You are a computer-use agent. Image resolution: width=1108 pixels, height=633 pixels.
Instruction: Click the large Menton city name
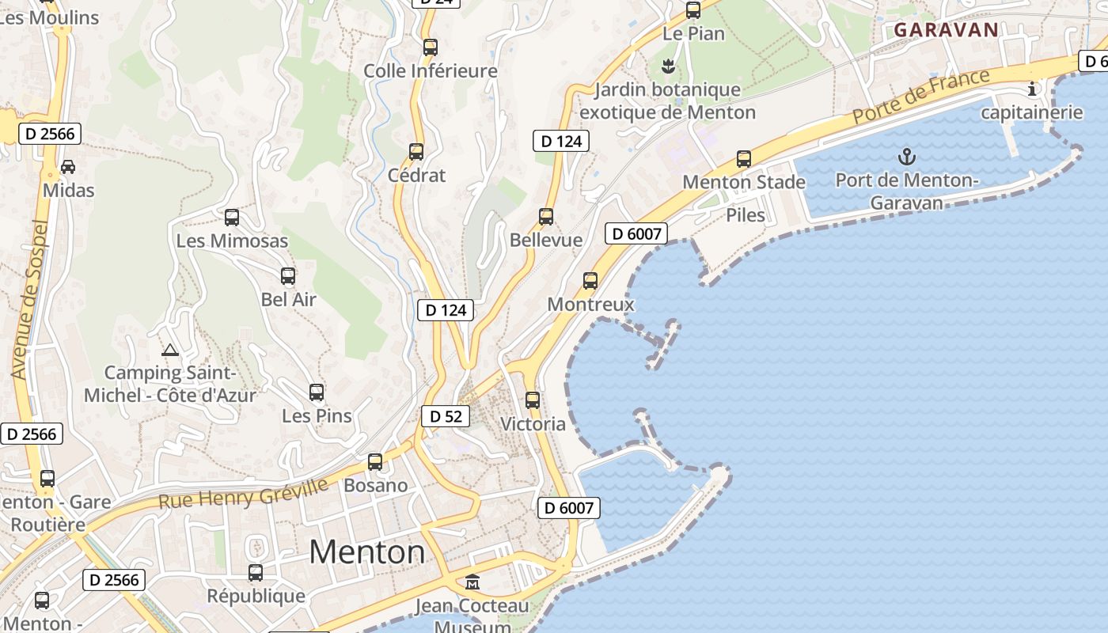tap(366, 552)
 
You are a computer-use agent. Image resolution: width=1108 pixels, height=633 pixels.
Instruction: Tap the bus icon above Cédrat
tap(416, 152)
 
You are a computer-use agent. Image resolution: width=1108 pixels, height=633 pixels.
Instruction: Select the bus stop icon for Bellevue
tap(546, 217)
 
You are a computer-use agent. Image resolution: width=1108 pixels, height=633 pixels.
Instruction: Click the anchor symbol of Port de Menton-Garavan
tap(907, 157)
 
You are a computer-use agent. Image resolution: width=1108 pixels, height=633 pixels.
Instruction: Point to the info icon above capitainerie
tap(1031, 89)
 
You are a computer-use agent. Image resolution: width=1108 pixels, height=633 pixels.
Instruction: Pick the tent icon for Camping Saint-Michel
tap(169, 350)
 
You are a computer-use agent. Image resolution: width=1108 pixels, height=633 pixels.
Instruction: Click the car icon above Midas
tap(68, 167)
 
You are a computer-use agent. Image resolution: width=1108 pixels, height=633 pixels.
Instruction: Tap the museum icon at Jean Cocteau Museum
tap(472, 582)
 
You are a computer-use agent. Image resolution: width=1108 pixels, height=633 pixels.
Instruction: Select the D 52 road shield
tap(446, 416)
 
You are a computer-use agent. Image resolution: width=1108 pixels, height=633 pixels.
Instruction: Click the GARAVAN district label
tap(946, 30)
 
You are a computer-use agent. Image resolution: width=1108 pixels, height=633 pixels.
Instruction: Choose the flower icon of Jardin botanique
tap(668, 66)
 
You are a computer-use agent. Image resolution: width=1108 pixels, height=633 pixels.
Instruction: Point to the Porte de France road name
tap(920, 97)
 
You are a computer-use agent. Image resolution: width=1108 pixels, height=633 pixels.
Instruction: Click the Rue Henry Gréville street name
tap(243, 494)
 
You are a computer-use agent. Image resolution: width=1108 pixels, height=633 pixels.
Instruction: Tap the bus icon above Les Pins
tap(317, 392)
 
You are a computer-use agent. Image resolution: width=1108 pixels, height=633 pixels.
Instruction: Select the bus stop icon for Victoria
tap(533, 400)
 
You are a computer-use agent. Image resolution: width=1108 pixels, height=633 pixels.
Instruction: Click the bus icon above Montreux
tap(590, 281)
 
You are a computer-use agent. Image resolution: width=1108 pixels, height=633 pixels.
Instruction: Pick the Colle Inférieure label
tap(431, 71)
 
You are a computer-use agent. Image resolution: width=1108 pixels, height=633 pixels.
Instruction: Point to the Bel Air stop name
tap(289, 300)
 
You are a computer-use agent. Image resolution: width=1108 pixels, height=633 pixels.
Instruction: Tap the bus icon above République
tap(256, 573)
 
